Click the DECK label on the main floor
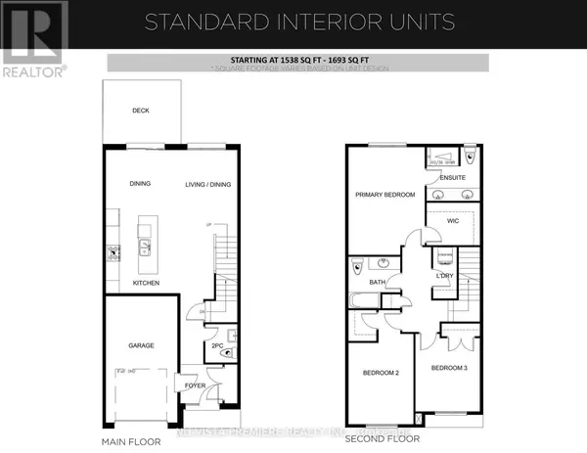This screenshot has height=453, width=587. pyautogui.click(x=140, y=111)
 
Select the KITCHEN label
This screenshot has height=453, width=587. pyautogui.click(x=146, y=283)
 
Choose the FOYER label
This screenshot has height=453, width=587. pyautogui.click(x=195, y=385)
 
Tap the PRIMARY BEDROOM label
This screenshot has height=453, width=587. pyautogui.click(x=384, y=195)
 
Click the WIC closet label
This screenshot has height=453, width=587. pyautogui.click(x=452, y=221)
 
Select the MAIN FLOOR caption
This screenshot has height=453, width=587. pyautogui.click(x=130, y=428)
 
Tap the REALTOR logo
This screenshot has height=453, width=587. pyautogui.click(x=34, y=39)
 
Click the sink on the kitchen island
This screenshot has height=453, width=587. pyautogui.click(x=144, y=247)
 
